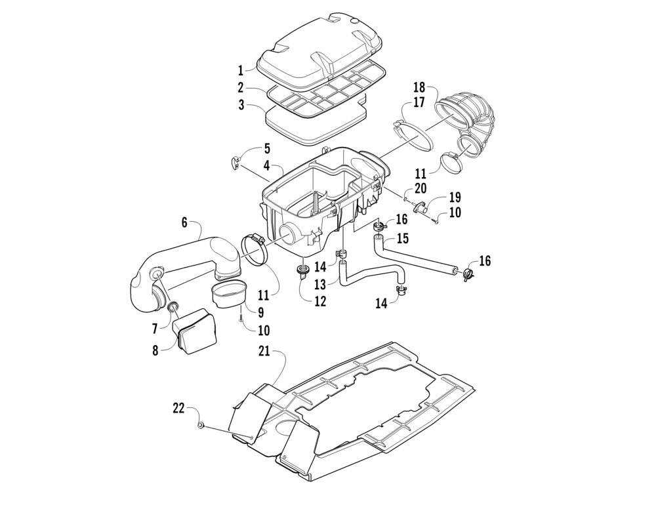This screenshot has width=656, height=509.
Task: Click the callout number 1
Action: tap(241, 70)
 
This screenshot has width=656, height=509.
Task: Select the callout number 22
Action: tap(178, 408)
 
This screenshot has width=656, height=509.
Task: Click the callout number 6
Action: tap(185, 223)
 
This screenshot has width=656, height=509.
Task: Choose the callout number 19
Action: tap(455, 197)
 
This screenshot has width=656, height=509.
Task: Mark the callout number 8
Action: tap(155, 350)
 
